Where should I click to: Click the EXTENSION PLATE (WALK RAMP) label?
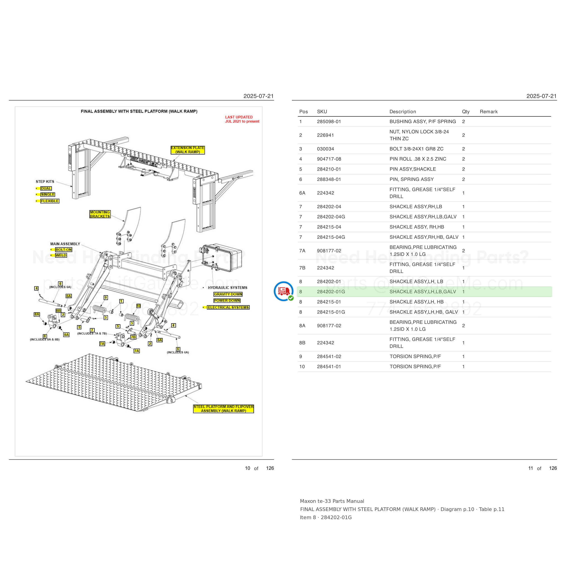coord(188,150)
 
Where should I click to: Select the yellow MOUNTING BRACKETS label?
coord(100,214)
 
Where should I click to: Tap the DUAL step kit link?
coord(46,188)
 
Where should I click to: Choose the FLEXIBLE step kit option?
coord(50,201)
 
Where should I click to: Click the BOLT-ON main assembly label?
coord(64,249)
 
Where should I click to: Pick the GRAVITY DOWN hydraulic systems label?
coord(228,294)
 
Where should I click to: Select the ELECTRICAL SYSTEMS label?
coord(228,307)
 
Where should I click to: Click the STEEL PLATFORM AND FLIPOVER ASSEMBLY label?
coord(223,409)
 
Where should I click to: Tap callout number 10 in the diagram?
coord(139,306)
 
